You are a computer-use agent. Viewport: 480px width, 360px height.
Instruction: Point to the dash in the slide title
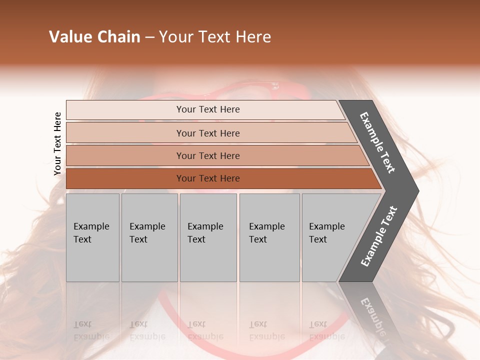[149, 37]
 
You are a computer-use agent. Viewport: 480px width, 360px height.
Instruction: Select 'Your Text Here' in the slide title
[215, 37]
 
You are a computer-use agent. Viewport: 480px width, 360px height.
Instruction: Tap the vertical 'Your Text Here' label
[57, 143]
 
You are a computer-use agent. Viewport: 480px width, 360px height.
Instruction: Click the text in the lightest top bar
[208, 109]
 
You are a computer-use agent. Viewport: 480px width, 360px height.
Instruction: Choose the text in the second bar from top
[208, 133]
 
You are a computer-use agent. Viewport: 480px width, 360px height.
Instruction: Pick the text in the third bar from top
[208, 155]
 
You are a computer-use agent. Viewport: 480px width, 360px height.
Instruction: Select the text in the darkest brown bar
[208, 178]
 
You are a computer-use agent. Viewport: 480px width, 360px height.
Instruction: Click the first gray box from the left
[92, 237]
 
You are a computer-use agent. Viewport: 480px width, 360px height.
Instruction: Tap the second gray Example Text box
[149, 237]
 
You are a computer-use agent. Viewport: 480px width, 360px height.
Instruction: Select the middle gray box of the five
[207, 237]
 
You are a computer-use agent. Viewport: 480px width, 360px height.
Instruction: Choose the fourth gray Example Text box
[269, 237]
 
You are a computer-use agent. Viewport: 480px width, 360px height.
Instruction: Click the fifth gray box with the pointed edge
[330, 237]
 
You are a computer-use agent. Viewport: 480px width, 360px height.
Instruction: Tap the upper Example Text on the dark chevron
[377, 142]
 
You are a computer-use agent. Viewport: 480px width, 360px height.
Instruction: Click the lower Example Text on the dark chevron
[379, 236]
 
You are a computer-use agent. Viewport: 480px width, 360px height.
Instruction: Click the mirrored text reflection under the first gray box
[91, 330]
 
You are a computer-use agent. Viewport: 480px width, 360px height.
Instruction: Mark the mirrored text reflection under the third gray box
[205, 330]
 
